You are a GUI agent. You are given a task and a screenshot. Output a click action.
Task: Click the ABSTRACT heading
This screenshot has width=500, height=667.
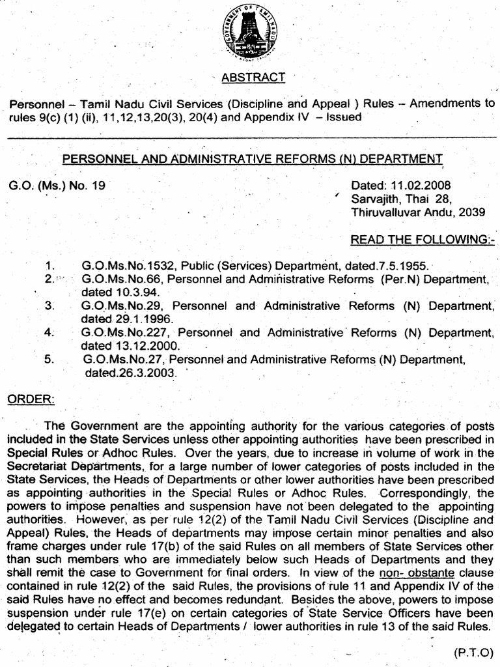click(253, 78)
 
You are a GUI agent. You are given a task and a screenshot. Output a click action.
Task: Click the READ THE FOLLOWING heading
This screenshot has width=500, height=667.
click(423, 240)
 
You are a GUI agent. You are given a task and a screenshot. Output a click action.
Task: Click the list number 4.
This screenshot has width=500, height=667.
click(49, 333)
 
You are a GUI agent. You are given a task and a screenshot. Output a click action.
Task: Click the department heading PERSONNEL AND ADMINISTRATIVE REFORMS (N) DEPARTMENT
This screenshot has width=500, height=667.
click(252, 158)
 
